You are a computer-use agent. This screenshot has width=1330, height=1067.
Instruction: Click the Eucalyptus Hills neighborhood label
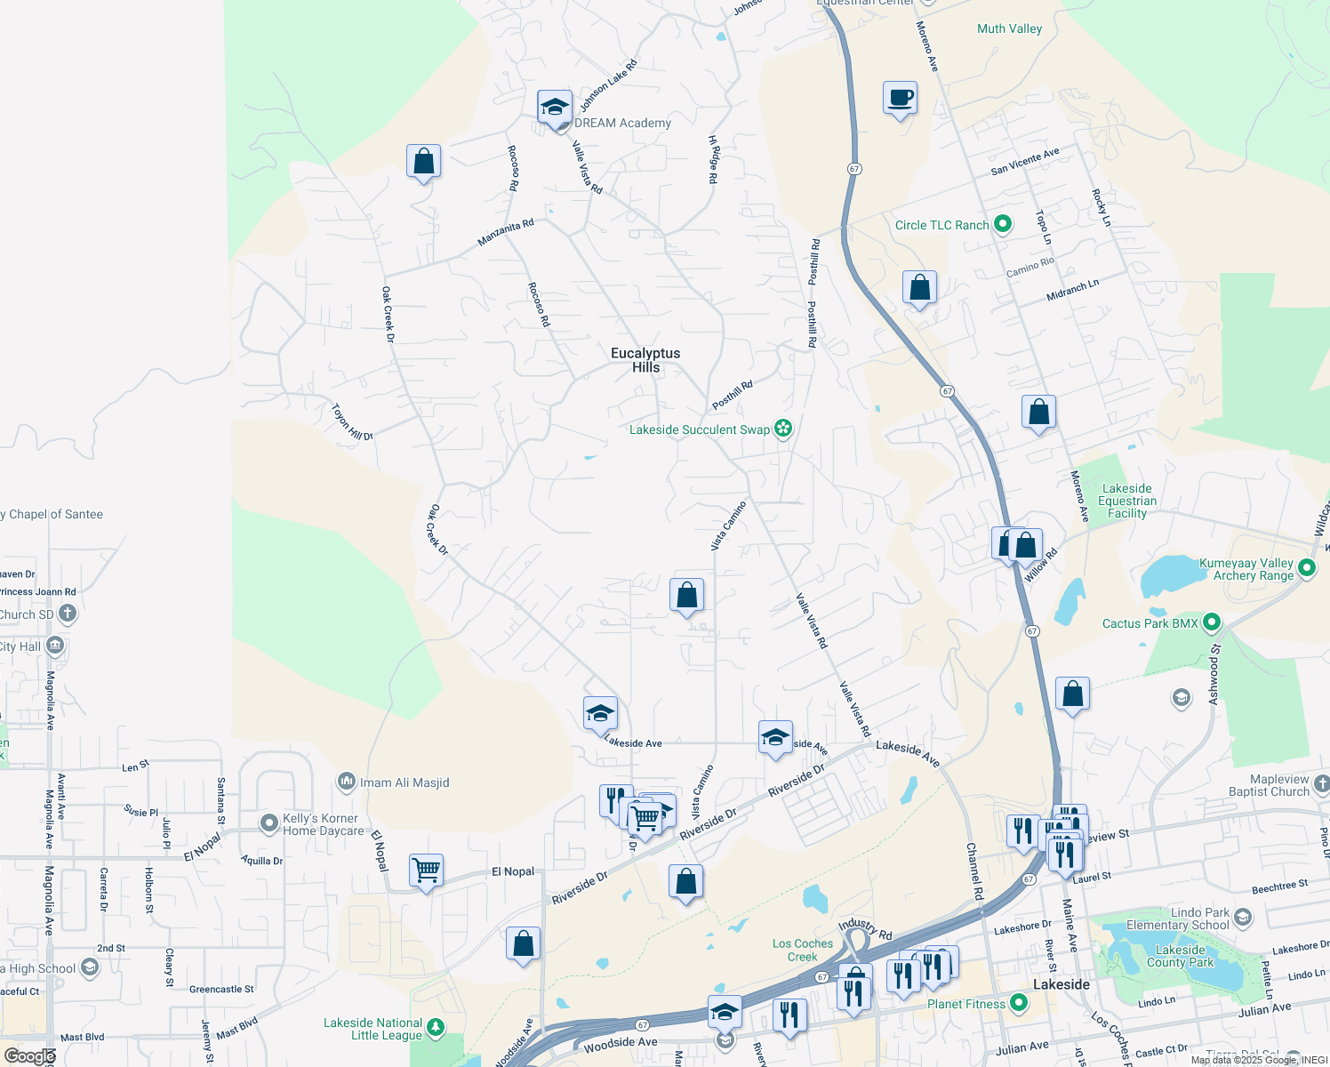pyautogui.click(x=645, y=360)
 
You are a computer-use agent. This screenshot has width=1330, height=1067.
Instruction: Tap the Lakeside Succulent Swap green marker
pyautogui.click(x=782, y=429)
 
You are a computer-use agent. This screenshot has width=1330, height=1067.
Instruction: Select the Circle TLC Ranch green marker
pyautogui.click(x=1003, y=224)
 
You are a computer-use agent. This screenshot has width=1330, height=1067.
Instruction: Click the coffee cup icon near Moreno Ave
pyautogui.click(x=900, y=98)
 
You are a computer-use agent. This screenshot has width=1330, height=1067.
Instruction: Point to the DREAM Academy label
pyautogui.click(x=622, y=123)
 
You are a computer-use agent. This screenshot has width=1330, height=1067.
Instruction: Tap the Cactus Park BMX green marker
pyautogui.click(x=1211, y=623)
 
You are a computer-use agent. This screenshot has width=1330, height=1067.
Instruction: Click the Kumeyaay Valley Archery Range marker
pyautogui.click(x=1306, y=568)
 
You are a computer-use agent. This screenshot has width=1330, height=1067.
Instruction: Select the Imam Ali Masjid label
pyautogui.click(x=405, y=782)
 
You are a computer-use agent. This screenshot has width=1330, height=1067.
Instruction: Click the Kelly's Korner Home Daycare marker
pyautogui.click(x=269, y=823)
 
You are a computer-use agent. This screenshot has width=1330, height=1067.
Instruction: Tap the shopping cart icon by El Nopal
pyautogui.click(x=427, y=870)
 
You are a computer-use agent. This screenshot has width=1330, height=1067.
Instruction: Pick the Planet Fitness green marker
pyautogui.click(x=1019, y=1004)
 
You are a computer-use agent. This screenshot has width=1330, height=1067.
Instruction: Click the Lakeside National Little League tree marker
pyautogui.click(x=435, y=1029)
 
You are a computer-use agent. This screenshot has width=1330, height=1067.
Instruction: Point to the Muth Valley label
pyautogui.click(x=1009, y=28)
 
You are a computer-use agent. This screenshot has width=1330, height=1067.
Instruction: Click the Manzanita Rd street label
pyautogui.click(x=506, y=233)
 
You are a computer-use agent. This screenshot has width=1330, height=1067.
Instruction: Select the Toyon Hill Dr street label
pyautogui.click(x=352, y=422)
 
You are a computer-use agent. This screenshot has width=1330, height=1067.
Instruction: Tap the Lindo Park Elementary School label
pyautogui.click(x=1177, y=919)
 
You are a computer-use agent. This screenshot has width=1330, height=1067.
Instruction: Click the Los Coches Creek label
pyautogui.click(x=802, y=950)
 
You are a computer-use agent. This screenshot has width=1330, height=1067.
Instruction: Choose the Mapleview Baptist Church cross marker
pyautogui.click(x=1321, y=784)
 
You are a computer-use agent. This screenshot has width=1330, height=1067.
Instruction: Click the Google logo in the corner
pyautogui.click(x=28, y=1056)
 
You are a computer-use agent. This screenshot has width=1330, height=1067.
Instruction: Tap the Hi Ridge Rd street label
pyautogui.click(x=712, y=159)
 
